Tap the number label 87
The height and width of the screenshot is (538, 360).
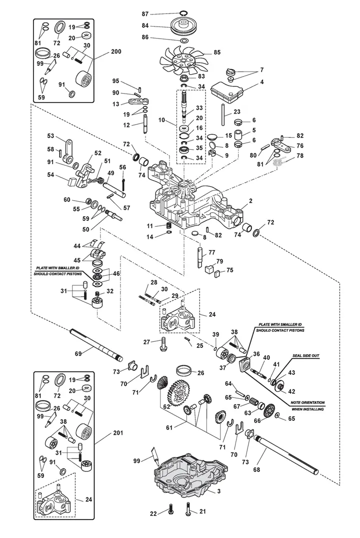(145, 14)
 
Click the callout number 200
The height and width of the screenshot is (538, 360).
(116, 52)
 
